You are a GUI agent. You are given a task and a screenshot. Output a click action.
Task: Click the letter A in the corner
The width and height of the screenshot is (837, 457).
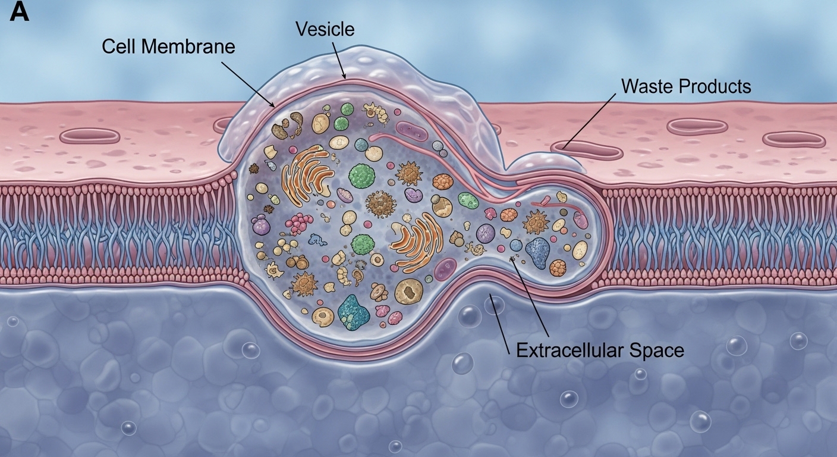19,12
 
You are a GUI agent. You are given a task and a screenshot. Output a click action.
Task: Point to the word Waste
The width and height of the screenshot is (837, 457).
648,86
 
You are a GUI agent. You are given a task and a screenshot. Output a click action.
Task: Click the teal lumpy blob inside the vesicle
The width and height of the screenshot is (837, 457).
353,312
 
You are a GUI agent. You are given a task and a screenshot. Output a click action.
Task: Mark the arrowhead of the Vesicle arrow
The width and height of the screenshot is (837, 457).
345,77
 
